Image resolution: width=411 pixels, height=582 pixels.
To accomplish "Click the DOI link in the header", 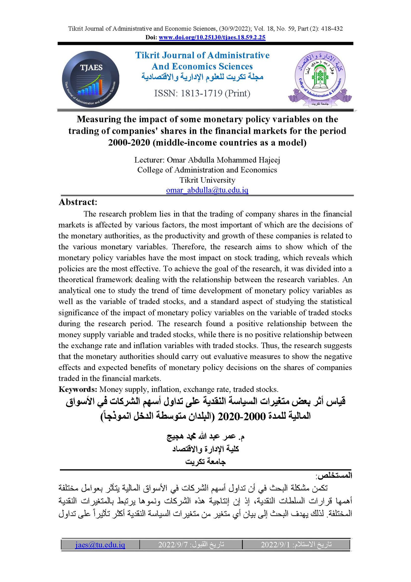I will (212, 38).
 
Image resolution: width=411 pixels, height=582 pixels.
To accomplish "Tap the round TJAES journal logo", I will (90, 79).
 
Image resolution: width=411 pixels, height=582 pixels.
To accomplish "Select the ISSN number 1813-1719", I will (202, 93).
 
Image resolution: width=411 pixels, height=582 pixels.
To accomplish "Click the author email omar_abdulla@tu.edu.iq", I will (207, 190).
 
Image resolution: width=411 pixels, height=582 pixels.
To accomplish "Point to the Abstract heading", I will (78, 202).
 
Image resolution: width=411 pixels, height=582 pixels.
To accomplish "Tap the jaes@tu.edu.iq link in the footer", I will (100, 544).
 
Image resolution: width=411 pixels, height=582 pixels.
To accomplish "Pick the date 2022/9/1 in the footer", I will (275, 544).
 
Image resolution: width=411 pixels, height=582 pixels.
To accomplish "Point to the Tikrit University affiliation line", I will (207, 180).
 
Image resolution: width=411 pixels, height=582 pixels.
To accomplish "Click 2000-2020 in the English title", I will (129, 142).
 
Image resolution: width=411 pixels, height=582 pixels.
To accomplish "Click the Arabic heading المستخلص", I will (334, 476).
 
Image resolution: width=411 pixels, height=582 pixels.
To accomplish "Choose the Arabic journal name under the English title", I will (202, 77).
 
